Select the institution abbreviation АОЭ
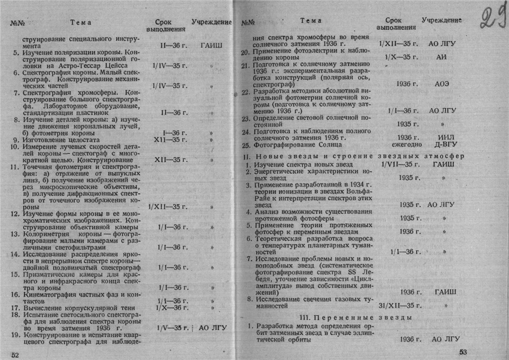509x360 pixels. (x=444, y=84)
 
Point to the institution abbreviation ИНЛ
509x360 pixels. (x=444, y=137)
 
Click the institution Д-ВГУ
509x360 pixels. (x=444, y=145)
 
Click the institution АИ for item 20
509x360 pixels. (x=443, y=57)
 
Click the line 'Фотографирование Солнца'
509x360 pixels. (x=296, y=145)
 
